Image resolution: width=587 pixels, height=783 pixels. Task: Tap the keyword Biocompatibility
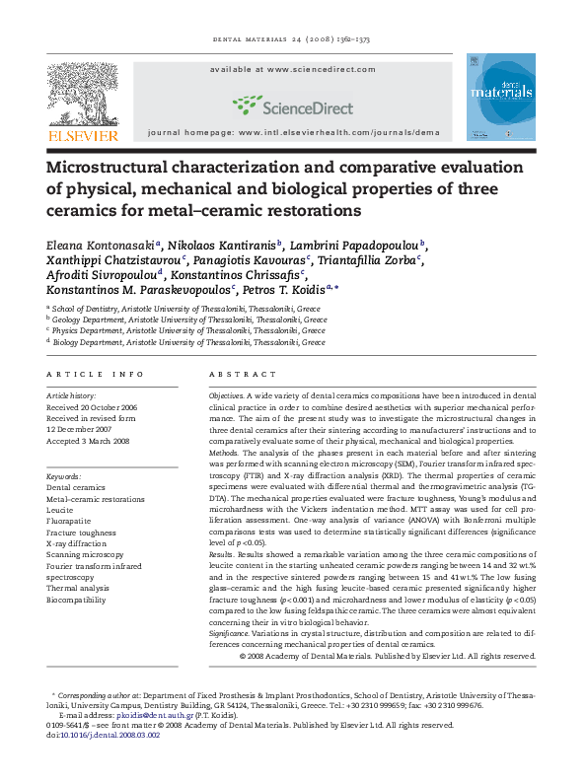click(76, 599)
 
